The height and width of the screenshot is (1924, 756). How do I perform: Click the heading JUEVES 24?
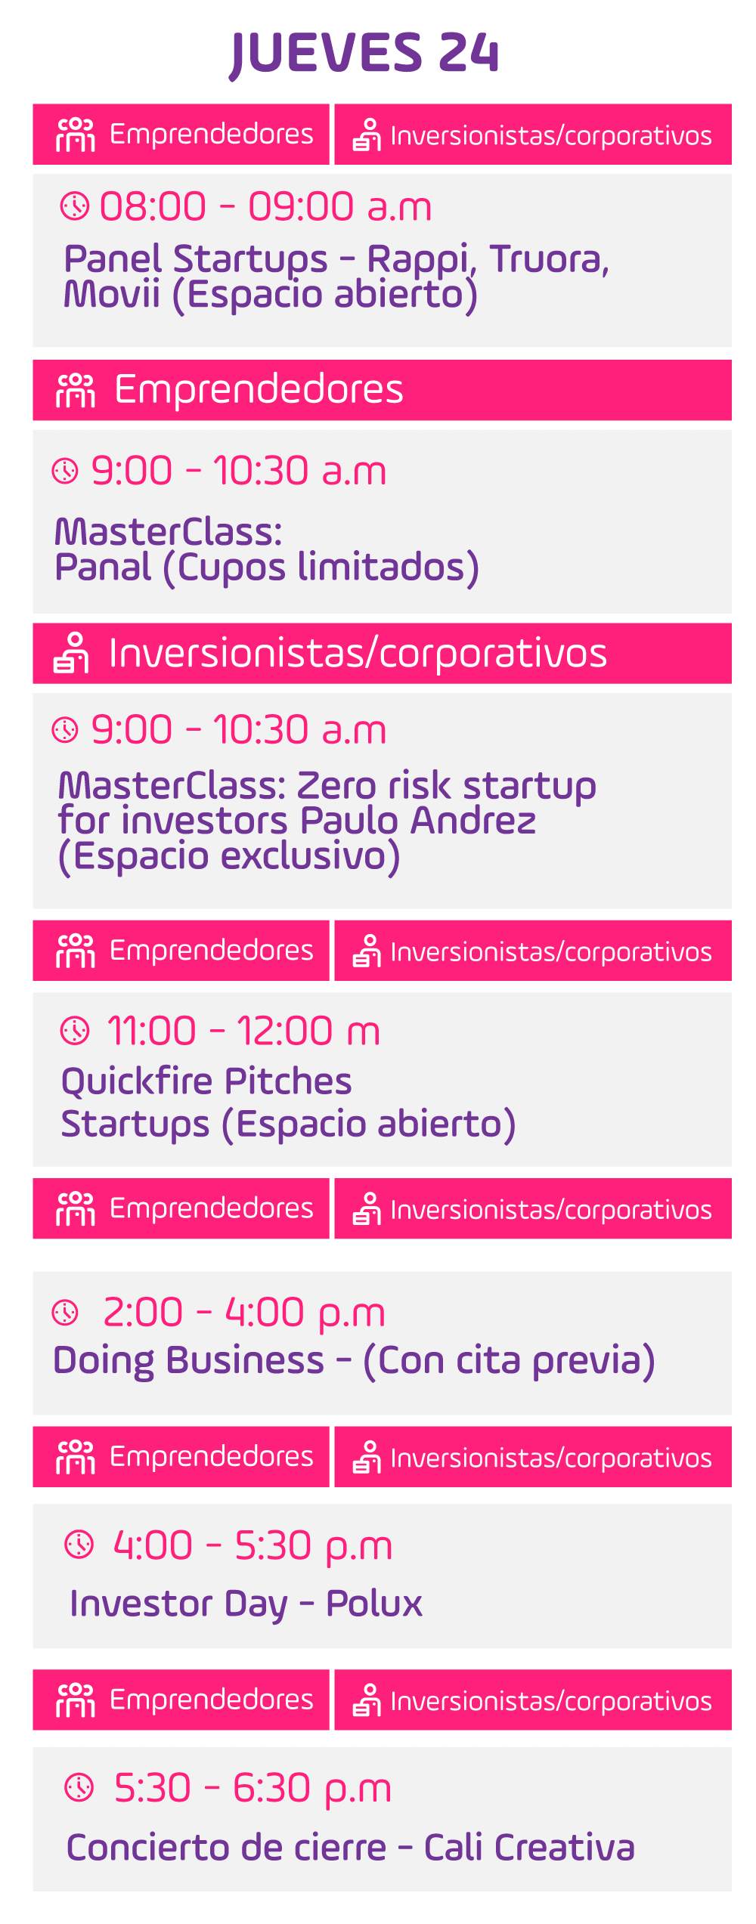[364, 53]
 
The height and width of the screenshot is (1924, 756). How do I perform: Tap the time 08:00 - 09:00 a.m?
[265, 207]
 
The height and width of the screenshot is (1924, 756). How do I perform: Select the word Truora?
[549, 259]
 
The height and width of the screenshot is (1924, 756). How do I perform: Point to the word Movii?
[112, 294]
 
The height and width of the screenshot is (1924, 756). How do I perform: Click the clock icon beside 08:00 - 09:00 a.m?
[75, 206]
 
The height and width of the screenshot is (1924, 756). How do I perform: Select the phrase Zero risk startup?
[446, 787]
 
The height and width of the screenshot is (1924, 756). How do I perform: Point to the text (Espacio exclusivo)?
[229, 857]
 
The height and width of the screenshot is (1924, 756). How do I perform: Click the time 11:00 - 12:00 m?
[243, 1031]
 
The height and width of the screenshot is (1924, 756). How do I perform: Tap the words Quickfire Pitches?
[206, 1081]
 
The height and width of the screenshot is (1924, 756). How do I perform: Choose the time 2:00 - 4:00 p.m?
[244, 1313]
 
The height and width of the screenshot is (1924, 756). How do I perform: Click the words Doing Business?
[188, 1361]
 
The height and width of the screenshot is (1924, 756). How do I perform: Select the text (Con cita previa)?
[509, 1361]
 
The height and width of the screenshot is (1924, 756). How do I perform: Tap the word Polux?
[374, 1604]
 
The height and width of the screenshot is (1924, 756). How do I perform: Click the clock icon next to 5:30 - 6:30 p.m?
[79, 1787]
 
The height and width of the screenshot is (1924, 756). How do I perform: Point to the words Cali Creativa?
[529, 1848]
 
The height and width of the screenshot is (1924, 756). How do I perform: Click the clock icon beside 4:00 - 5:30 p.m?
[79, 1545]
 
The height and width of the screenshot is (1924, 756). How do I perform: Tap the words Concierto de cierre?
[226, 1848]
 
